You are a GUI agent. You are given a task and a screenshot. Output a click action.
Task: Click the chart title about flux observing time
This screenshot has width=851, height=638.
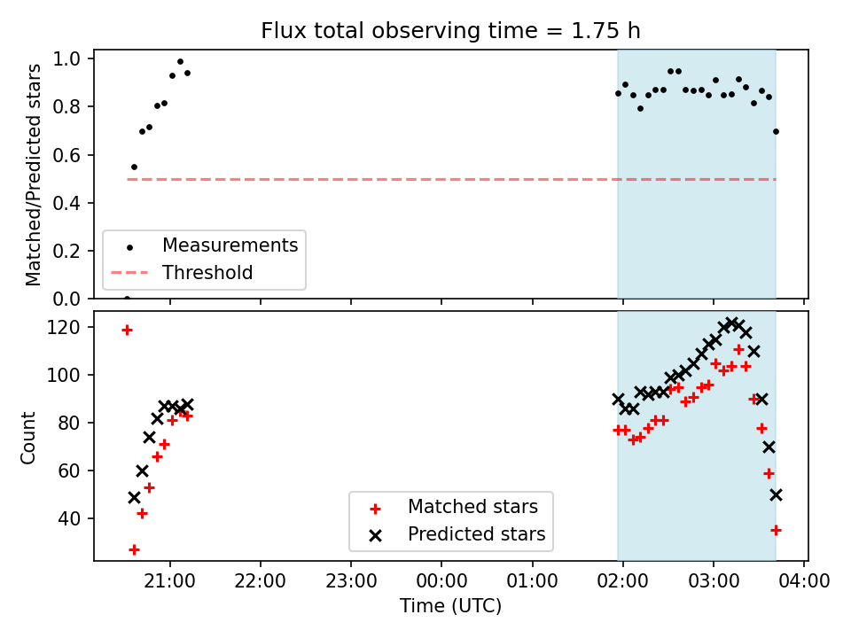[x=450, y=31]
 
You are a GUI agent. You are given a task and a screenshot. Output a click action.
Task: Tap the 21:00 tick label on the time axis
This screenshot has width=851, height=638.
[x=170, y=581]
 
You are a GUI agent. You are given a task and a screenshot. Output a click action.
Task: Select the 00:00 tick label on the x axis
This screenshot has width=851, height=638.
[x=441, y=581]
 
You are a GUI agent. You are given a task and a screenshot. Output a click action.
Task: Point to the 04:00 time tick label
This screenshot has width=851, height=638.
[x=804, y=581]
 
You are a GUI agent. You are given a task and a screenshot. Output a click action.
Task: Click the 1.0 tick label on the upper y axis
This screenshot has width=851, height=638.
[x=66, y=58]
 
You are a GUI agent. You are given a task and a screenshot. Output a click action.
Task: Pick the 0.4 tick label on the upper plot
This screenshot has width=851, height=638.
[x=66, y=203]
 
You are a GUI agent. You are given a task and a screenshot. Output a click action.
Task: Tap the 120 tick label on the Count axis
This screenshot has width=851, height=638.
[x=64, y=327]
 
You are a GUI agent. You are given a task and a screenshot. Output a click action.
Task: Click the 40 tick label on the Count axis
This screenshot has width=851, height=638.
[x=69, y=518]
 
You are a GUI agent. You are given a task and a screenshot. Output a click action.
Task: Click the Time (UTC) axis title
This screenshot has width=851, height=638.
[x=450, y=605]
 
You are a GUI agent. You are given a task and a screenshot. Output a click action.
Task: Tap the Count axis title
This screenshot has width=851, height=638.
[x=27, y=438]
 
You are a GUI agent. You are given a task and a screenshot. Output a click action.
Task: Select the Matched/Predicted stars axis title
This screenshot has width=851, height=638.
[x=33, y=175]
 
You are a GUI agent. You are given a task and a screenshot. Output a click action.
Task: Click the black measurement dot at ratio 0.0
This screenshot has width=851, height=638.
[x=127, y=299]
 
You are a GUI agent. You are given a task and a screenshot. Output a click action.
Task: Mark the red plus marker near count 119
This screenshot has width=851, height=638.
[x=127, y=331]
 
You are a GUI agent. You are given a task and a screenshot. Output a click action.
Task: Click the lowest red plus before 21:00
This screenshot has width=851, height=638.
[x=134, y=550]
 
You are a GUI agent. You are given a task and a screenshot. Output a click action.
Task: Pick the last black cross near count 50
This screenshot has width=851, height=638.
[x=777, y=494]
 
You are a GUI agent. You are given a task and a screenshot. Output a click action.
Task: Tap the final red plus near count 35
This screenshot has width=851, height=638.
[x=777, y=530]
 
